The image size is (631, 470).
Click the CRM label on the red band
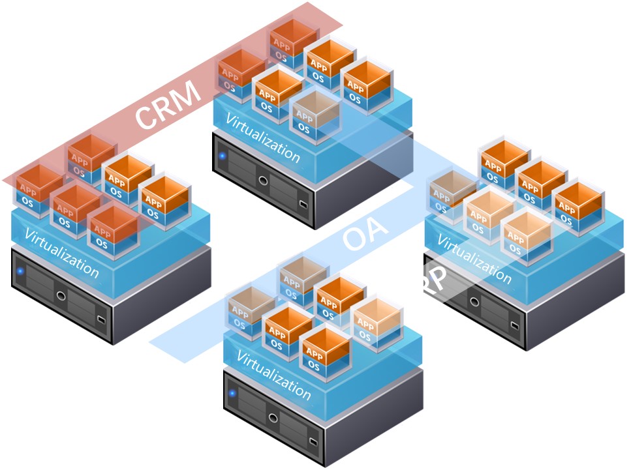[x=168, y=103]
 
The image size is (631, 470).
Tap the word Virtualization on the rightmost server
[x=474, y=259]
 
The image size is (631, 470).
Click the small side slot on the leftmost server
[x=100, y=319]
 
